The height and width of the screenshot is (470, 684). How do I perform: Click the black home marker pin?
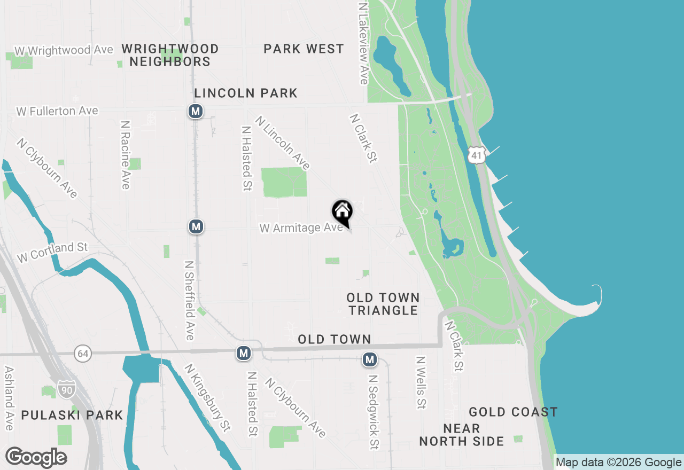(x=343, y=212)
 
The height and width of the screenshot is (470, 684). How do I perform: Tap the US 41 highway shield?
(x=476, y=154)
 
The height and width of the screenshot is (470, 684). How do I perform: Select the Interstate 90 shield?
(x=67, y=387)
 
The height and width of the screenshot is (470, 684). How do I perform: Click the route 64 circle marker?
(x=82, y=353)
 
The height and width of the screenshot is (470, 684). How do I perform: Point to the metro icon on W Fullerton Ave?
(x=196, y=111)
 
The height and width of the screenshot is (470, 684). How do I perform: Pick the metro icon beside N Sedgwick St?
(x=369, y=359)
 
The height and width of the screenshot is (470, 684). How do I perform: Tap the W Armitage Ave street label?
(x=301, y=228)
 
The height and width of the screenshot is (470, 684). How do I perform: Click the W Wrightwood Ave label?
(x=64, y=50)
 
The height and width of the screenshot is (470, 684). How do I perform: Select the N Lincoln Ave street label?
(x=282, y=143)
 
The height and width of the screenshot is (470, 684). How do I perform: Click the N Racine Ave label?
(x=126, y=154)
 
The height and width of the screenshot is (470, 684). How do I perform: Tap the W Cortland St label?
(x=52, y=252)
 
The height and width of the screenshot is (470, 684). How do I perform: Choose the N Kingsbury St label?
(x=207, y=397)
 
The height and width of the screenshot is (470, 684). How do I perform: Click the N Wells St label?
(x=421, y=382)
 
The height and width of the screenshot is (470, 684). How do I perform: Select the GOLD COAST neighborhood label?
(x=513, y=412)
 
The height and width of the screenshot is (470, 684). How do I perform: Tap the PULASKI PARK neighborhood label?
(x=72, y=415)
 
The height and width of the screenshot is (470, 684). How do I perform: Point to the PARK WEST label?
(x=304, y=49)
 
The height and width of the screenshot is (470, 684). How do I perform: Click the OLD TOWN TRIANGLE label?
(x=383, y=304)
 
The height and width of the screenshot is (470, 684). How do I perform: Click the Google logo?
(x=36, y=458)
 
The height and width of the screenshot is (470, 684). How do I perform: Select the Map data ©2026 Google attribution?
(x=618, y=463)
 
